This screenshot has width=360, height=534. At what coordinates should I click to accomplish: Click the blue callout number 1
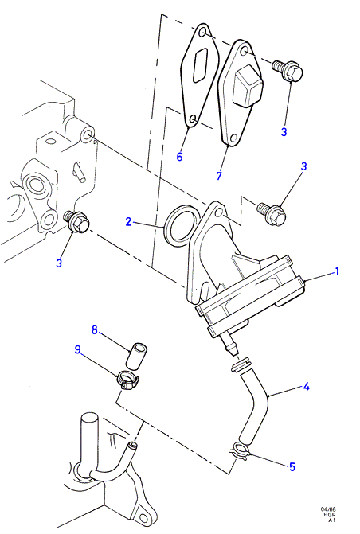pos(337,271)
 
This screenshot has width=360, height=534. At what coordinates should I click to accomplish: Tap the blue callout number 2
pos(128,222)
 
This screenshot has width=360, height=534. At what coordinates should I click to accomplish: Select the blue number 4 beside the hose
pos(306,387)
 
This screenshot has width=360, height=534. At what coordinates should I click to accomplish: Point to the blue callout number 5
pos(292,467)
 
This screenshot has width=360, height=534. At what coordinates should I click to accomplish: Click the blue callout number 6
pos(180,156)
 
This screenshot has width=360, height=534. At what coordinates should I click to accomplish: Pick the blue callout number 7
pos(219,175)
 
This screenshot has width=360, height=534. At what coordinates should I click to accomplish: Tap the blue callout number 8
pos(95,329)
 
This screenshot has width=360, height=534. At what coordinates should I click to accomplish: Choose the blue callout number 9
pos(78,349)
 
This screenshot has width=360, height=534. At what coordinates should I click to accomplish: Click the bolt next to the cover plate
pos(288,70)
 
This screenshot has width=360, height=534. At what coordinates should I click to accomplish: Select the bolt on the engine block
pos(77,222)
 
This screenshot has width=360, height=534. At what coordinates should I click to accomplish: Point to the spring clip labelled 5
pos(241,450)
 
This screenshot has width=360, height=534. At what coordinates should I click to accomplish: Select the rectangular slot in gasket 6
pos(200,64)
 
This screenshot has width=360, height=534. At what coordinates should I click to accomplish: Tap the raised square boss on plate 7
pos(247,85)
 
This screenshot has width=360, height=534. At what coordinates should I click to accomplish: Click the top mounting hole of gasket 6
pos(202,33)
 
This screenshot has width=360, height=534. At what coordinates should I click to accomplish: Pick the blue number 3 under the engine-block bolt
pos(59,263)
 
